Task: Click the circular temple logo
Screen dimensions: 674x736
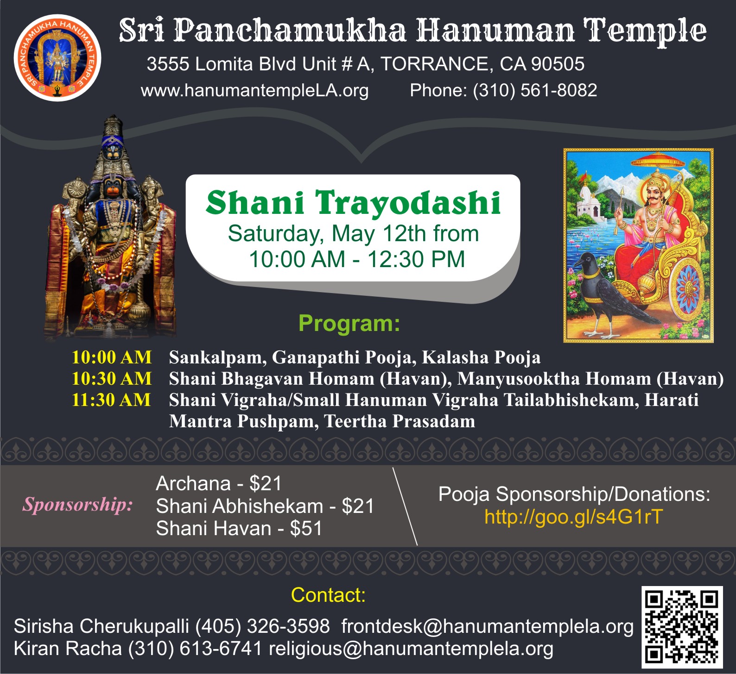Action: tap(57, 57)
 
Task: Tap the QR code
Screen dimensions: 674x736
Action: tap(682, 627)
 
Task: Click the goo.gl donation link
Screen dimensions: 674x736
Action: tap(574, 517)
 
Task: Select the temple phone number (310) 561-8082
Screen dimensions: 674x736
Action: tap(535, 90)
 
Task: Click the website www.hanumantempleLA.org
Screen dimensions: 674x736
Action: tap(254, 90)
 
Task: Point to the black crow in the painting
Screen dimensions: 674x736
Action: tap(603, 292)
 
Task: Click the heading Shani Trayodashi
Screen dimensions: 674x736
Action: tap(353, 203)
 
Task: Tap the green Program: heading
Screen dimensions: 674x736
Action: tap(349, 323)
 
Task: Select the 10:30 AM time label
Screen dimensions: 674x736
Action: tap(111, 379)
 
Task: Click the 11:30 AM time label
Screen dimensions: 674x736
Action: tap(111, 400)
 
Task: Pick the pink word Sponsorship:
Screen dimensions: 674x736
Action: tap(77, 504)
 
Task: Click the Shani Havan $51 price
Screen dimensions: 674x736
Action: tap(306, 528)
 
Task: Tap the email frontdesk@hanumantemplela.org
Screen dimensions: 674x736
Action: tap(487, 626)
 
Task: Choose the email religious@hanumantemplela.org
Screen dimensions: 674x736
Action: tap(411, 649)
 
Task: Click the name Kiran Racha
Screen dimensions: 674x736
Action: tap(68, 649)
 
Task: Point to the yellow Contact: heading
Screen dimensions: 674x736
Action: tap(328, 595)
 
